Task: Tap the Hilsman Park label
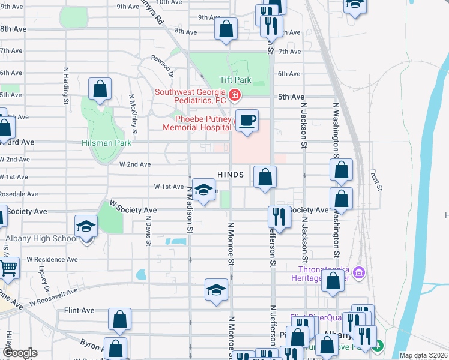106,143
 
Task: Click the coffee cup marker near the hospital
246,121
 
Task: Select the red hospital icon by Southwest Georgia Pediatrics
234,95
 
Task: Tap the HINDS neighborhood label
231,175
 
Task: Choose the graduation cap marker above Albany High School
86,226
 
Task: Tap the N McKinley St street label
133,114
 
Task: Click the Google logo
20,353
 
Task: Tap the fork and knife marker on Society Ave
279,217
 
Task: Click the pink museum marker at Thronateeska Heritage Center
360,273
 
